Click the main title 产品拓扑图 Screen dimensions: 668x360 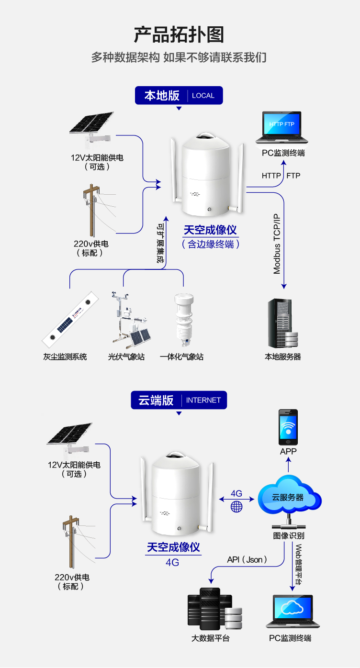(x=179, y=35)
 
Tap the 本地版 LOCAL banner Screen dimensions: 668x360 (x=179, y=95)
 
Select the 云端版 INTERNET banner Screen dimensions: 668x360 (x=179, y=400)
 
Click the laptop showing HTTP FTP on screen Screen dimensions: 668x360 (x=281, y=127)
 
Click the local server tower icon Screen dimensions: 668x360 (x=282, y=323)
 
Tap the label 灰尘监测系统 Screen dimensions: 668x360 (x=65, y=357)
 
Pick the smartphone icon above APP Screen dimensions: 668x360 (x=288, y=427)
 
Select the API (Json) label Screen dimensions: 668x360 (x=247, y=559)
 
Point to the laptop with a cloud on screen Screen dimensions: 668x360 (x=292, y=611)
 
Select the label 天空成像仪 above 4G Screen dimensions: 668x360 (x=173, y=547)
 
